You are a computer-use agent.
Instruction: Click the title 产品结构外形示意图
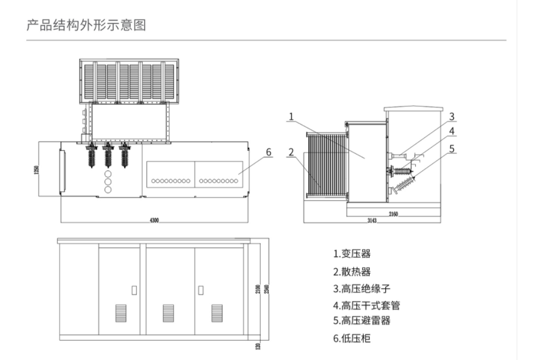(86, 25)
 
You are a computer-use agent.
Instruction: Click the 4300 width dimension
(154, 220)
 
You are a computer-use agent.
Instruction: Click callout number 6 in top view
(268, 152)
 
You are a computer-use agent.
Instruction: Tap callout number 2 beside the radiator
(292, 152)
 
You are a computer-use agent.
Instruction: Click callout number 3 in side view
(452, 116)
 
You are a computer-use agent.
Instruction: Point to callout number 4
(452, 131)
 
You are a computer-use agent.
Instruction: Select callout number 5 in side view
(452, 147)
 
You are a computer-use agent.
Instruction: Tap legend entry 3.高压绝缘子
(361, 288)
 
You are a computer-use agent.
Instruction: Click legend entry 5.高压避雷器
(361, 320)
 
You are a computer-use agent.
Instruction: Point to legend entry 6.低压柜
(351, 338)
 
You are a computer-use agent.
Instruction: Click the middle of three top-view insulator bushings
(108, 156)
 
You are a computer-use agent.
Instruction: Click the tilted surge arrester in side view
(404, 182)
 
